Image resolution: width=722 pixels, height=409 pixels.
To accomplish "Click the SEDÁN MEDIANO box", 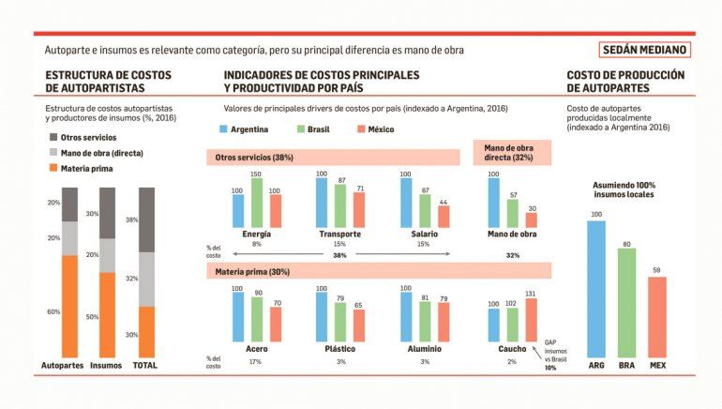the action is (645, 50).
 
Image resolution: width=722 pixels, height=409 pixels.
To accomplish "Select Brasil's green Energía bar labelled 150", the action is (257, 203).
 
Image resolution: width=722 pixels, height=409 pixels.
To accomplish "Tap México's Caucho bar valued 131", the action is (532, 320).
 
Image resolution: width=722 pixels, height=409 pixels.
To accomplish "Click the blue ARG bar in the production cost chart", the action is (596, 289).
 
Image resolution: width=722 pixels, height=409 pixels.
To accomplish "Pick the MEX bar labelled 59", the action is (657, 317).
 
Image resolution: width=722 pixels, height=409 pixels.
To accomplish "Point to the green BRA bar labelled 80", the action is (626, 303).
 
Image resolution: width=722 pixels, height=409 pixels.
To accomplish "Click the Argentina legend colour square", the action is (223, 129).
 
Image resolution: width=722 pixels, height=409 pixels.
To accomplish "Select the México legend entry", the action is (376, 129).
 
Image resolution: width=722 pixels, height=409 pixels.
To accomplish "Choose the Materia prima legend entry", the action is (81, 169).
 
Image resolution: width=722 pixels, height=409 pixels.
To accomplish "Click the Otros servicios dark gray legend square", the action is (53, 137).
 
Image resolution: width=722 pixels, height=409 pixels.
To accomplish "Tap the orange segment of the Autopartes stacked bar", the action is (70, 307).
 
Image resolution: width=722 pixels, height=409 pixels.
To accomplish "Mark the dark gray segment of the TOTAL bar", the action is (147, 220).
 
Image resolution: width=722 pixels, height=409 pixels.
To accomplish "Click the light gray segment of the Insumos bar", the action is (107, 255).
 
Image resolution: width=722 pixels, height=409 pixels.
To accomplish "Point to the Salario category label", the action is (424, 234).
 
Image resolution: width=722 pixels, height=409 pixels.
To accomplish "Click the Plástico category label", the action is (340, 349).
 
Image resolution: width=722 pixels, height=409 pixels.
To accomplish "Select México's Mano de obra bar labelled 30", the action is (532, 220).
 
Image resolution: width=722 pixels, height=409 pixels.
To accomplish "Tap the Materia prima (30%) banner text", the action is (252, 272).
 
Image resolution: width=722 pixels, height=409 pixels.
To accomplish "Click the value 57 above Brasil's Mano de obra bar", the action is (514, 195).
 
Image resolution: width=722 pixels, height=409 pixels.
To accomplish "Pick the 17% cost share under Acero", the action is (256, 361).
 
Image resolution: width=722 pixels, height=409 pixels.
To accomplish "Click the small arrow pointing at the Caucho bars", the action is (537, 353).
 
